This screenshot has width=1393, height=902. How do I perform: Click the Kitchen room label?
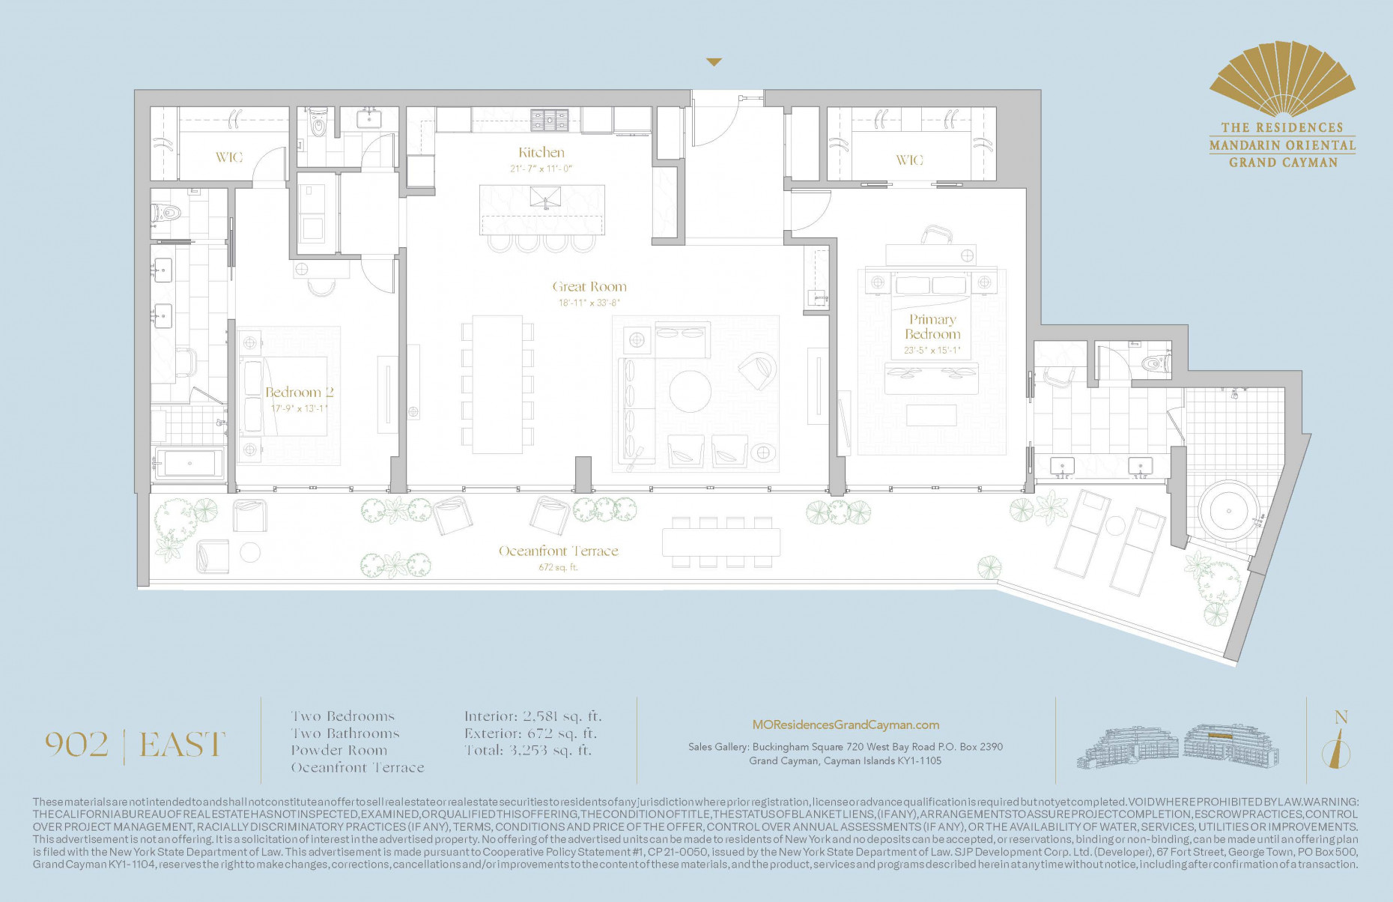541,152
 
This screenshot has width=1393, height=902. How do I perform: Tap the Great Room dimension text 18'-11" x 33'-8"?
589,303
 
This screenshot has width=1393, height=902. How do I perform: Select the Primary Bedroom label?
932,327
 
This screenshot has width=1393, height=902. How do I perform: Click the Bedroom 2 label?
299,393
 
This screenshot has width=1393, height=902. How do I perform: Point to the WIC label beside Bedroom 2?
228,157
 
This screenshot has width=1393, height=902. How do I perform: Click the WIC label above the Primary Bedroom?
909,160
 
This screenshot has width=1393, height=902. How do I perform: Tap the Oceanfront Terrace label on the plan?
559,551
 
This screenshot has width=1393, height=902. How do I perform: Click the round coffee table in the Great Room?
690,391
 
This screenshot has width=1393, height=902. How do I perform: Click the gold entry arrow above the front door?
714,63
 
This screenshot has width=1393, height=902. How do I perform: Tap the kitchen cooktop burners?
550,119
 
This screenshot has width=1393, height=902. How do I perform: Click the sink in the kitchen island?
545,198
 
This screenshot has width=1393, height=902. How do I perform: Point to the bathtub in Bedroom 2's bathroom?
189,463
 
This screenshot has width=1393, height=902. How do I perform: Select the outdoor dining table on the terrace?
720,542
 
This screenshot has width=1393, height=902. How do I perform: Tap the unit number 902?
76,745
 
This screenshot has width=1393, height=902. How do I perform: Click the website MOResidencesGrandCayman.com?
846,725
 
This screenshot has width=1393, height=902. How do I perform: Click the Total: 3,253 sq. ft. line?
527,751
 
